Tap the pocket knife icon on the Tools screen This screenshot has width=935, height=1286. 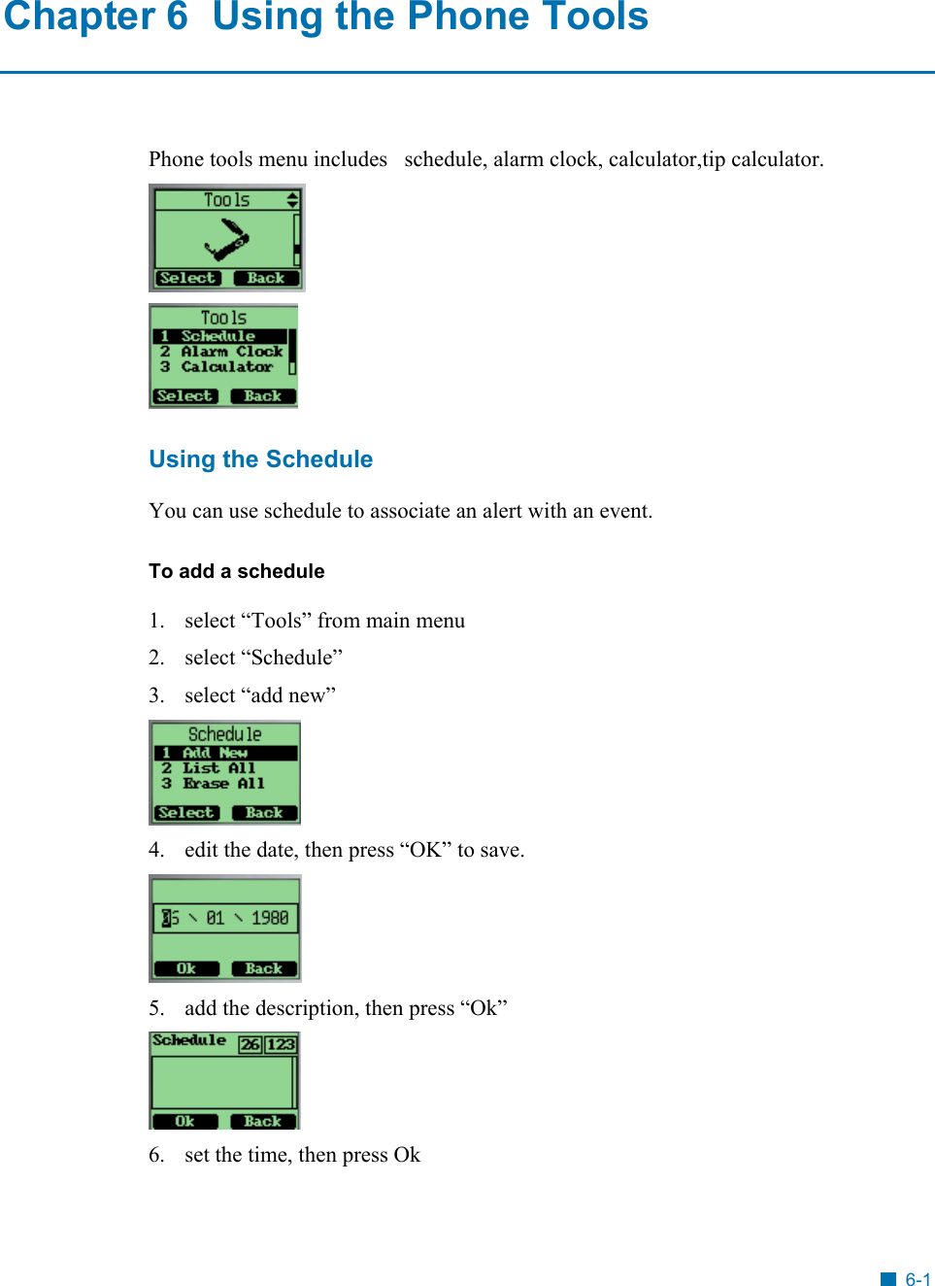click(x=226, y=239)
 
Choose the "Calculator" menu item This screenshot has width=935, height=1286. click(x=226, y=367)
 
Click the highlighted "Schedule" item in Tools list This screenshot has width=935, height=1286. click(x=217, y=336)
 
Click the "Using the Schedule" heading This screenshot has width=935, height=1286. click(x=260, y=459)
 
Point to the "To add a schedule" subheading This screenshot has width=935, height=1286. click(x=236, y=571)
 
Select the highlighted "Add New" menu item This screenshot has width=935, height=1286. click(x=215, y=753)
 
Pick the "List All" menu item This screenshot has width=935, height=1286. click(x=218, y=768)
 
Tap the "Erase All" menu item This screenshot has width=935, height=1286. click(x=223, y=784)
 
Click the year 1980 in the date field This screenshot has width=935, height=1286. click(x=270, y=918)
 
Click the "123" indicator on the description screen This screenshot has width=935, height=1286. click(x=281, y=1044)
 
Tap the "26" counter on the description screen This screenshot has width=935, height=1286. click(x=250, y=1044)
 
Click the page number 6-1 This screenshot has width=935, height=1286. click(x=917, y=1279)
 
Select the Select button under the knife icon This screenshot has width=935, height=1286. click(x=187, y=278)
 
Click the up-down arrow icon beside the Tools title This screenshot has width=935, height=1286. click(x=292, y=200)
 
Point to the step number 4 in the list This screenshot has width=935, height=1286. click(x=155, y=850)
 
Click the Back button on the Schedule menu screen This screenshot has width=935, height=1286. click(x=264, y=813)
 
